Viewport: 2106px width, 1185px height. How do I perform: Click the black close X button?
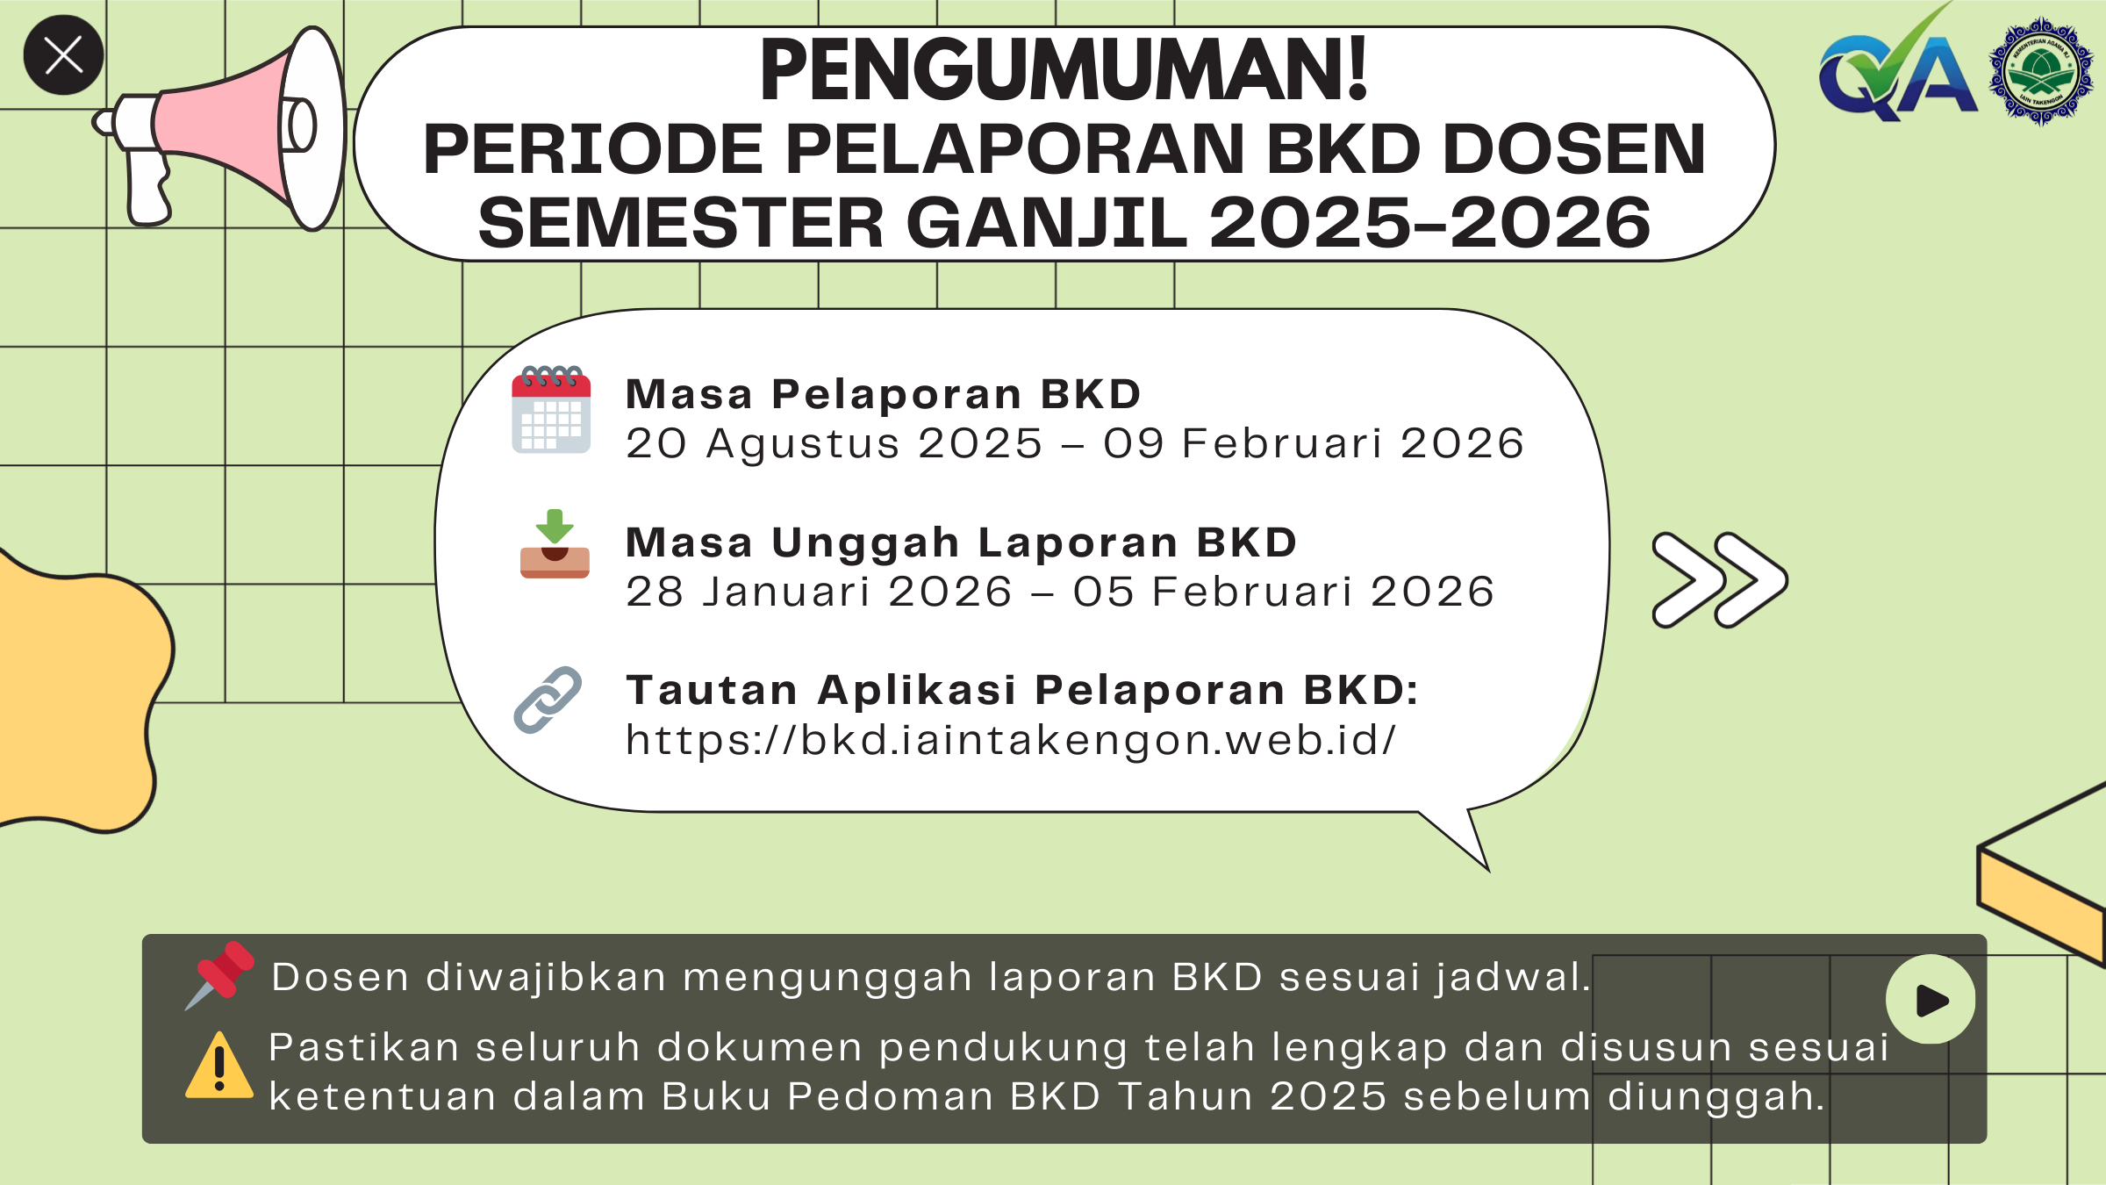(63, 55)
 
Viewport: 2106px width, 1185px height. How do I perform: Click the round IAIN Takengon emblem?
(2041, 73)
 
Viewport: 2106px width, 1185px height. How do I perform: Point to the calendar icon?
(551, 410)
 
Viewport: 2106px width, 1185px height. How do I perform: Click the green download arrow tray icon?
(555, 544)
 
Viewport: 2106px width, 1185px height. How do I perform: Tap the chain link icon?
(548, 700)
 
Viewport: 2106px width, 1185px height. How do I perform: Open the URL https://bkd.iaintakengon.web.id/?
(1010, 740)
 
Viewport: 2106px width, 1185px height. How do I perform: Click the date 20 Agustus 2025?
(834, 443)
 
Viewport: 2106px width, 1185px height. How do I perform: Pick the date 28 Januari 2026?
(819, 592)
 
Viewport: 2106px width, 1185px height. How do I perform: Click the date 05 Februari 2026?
(1284, 592)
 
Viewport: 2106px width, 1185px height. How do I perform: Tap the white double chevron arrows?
(1719, 580)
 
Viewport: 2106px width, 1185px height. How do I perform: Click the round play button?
(1930, 1000)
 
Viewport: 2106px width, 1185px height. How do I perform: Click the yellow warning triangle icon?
(219, 1066)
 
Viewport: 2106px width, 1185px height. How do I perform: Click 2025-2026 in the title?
(1430, 223)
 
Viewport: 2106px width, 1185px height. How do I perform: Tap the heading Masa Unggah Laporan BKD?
(961, 542)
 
